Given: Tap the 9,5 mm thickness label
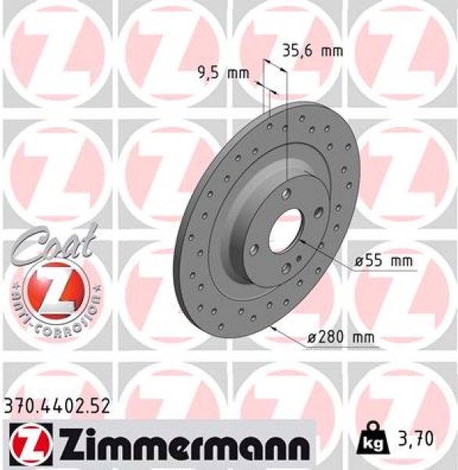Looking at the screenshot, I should point(221,74).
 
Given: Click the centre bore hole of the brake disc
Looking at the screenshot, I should point(287,228).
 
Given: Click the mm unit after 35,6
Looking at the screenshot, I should point(332,52).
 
